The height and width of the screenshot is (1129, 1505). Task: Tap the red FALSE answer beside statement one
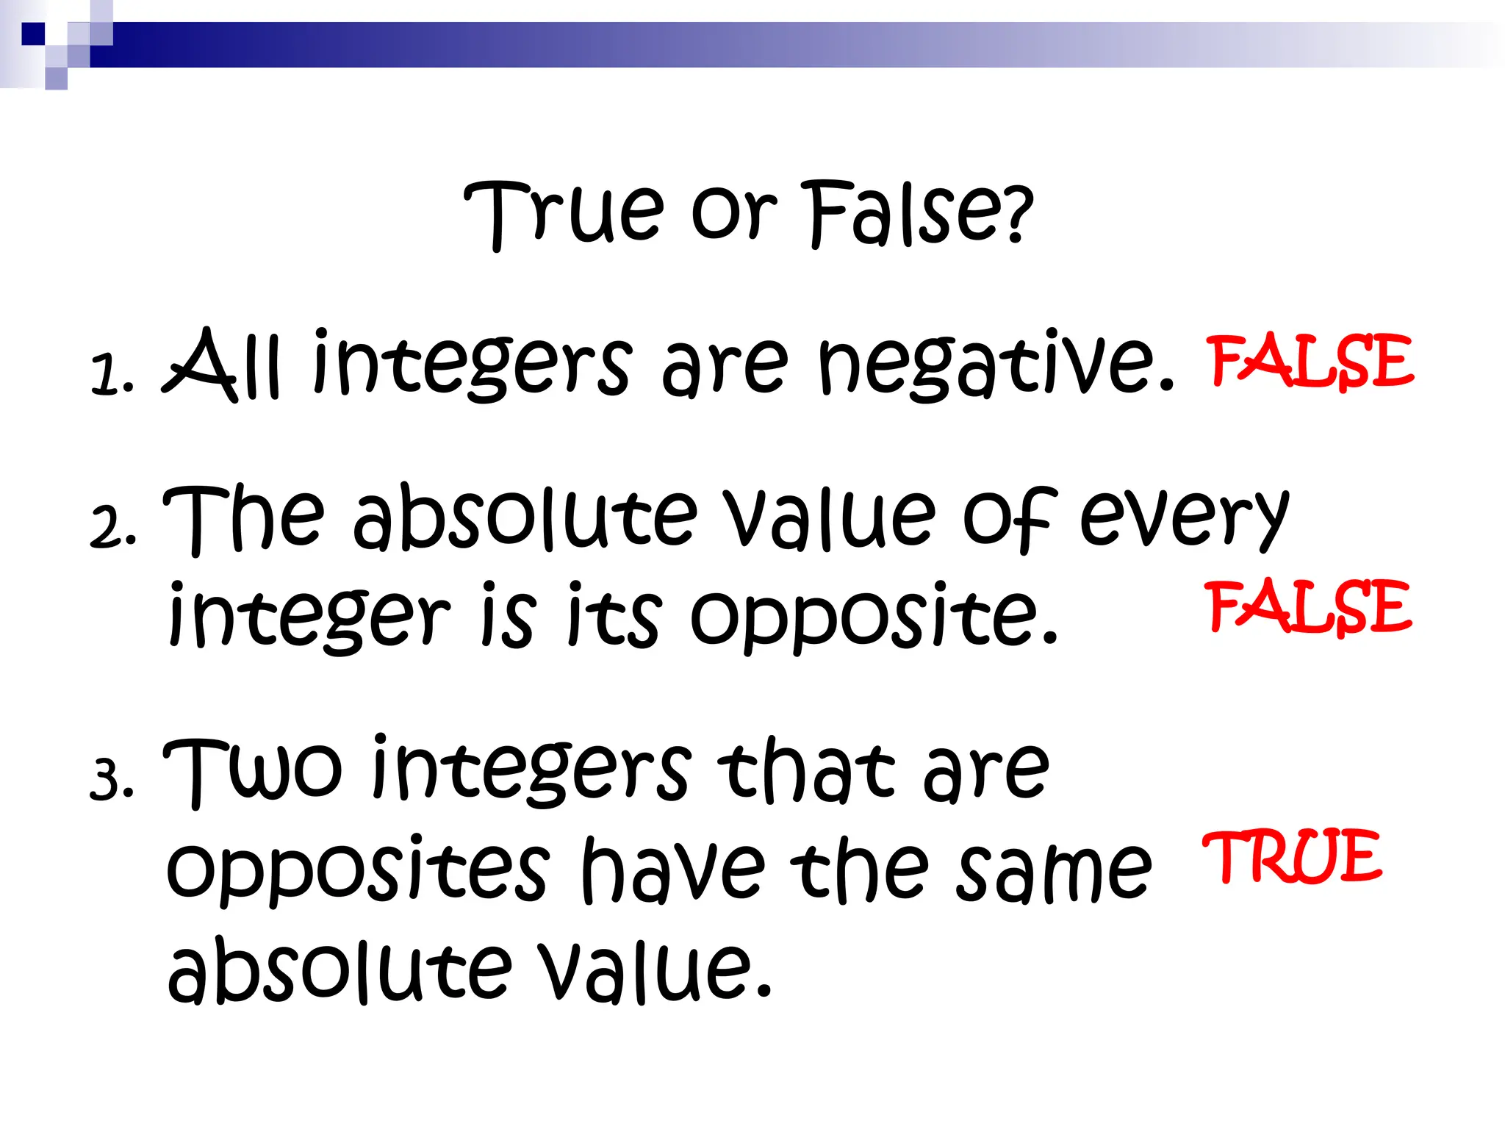(1310, 361)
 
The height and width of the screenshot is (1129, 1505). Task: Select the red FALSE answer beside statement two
(1309, 606)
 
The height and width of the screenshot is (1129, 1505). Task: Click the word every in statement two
(1183, 518)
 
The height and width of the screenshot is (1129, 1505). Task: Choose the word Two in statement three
(252, 772)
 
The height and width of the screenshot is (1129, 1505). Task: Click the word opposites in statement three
(358, 871)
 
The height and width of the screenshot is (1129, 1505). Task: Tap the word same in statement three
(1054, 871)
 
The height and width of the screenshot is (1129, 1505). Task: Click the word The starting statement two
(243, 518)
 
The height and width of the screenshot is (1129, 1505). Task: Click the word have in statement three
(672, 871)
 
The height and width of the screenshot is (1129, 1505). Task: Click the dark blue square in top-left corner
(32, 34)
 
